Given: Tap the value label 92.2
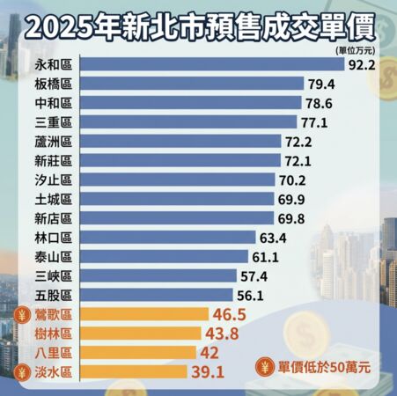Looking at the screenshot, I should [364, 64].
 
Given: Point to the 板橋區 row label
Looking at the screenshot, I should [53, 84].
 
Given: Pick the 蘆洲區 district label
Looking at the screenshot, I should [53, 141].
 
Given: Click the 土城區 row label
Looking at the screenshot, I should [53, 199].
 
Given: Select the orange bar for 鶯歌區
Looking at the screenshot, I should [144, 314].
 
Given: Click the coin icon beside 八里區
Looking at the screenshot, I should [24, 353].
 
